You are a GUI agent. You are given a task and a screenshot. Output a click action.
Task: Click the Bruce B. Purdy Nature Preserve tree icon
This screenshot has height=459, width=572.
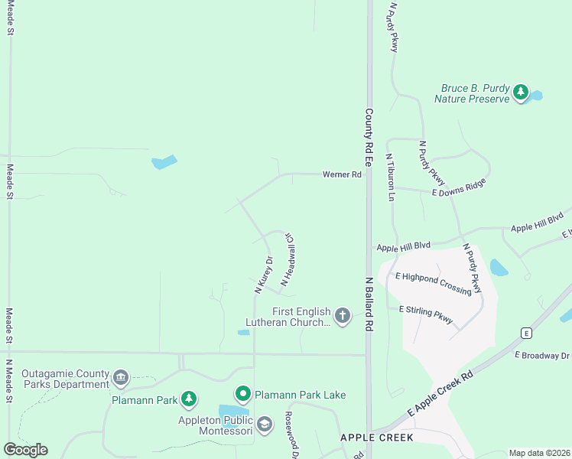521,93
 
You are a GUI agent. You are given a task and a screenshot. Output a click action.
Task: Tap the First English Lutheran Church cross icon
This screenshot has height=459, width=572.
342,315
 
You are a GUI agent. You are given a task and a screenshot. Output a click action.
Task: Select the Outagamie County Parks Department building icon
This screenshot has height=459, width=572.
120,377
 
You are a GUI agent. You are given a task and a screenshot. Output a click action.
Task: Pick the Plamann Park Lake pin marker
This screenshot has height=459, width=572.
243,395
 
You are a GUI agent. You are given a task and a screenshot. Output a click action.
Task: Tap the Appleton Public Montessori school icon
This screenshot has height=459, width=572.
265,425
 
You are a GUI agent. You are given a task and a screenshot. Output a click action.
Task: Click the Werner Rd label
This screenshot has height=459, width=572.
341,174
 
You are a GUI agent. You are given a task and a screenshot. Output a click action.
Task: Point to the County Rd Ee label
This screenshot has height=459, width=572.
368,138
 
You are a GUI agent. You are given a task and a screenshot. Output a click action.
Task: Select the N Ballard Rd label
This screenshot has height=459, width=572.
368,304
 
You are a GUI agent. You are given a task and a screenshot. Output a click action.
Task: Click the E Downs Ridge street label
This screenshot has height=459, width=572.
459,189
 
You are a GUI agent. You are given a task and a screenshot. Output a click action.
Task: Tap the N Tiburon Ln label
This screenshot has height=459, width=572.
389,177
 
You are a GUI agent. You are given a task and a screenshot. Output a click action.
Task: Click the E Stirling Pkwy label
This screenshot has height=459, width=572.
426,314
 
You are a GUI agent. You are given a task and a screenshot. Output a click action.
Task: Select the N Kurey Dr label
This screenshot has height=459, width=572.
263,275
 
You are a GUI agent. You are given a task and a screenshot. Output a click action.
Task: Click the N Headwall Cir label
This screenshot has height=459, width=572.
289,260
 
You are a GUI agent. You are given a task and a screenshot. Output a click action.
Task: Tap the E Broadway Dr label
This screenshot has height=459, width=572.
542,356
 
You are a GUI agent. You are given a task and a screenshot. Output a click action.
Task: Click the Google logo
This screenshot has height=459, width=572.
25,450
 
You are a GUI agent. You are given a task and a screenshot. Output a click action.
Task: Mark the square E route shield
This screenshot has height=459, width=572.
526,333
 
